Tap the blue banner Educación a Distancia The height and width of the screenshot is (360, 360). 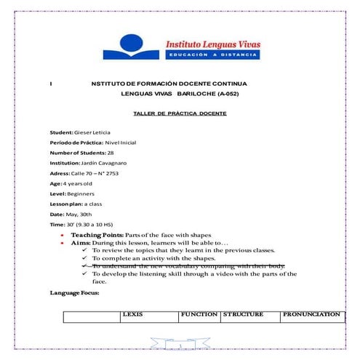click(212, 56)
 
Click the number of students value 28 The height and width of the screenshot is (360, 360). click(111, 153)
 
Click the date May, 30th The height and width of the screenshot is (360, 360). click(80, 216)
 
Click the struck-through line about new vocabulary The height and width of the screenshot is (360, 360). click(188, 266)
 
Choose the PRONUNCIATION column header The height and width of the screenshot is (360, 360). click(312, 314)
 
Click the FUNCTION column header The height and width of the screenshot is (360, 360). click(199, 314)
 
